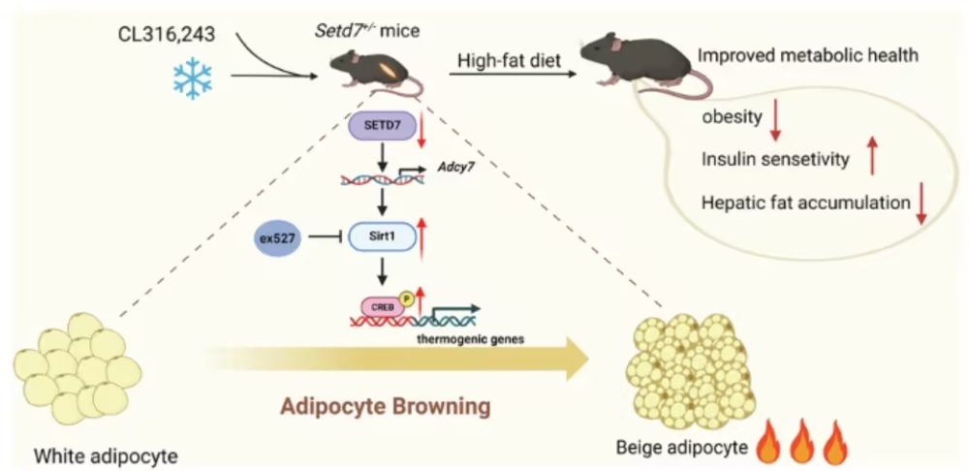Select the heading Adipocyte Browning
tap(386, 407)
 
